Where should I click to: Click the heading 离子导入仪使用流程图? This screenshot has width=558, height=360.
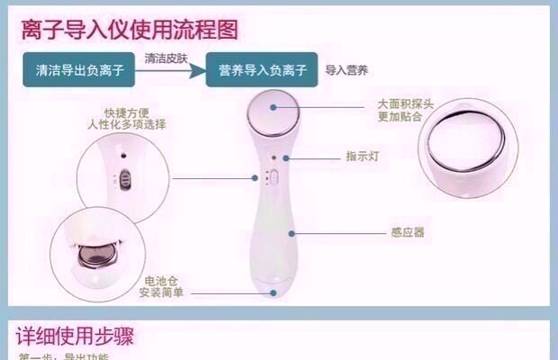(x=130, y=31)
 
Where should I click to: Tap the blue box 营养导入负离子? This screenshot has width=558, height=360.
(x=262, y=69)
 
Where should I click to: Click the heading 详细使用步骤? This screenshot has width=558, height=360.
(x=76, y=337)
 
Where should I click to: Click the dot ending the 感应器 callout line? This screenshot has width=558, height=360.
(x=291, y=231)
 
